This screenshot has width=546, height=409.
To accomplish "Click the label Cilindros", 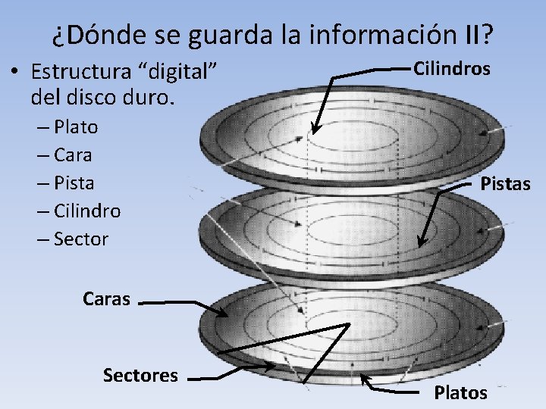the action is pyautogui.click(x=452, y=68).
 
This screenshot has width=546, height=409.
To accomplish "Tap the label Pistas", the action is pyautogui.click(x=506, y=183).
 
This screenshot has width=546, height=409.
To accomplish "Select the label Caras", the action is pyautogui.click(x=106, y=298).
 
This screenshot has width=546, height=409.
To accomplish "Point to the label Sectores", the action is pyautogui.click(x=140, y=375).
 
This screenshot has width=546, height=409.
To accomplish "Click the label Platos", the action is pyautogui.click(x=460, y=392).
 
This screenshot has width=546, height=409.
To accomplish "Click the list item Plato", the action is pyautogui.click(x=76, y=126).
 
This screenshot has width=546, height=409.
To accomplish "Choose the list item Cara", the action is pyautogui.click(x=74, y=155).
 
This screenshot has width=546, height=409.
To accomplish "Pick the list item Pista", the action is pyautogui.click(x=74, y=183).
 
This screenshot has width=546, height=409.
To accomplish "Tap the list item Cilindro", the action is pyautogui.click(x=87, y=211).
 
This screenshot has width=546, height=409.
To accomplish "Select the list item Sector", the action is pyautogui.click(x=81, y=239).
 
